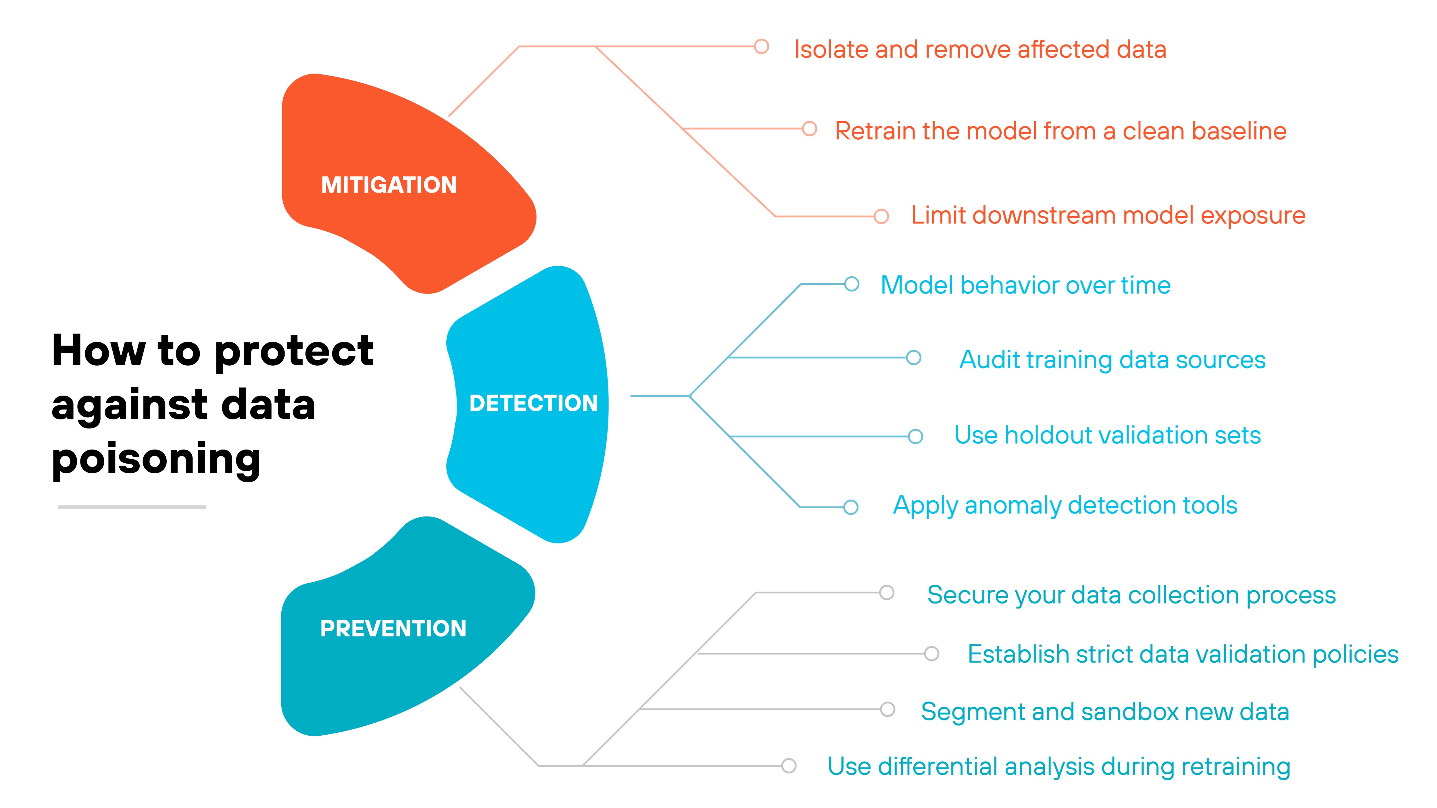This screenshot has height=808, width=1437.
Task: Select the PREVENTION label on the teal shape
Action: [393, 628]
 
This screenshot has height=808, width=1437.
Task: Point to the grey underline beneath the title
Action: [132, 507]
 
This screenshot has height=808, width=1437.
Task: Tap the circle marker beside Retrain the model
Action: [809, 129]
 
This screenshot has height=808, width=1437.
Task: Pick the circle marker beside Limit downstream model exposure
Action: [881, 216]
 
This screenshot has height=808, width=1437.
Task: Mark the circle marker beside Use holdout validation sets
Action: [915, 436]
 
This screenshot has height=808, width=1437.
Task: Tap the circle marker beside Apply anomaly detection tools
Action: [851, 507]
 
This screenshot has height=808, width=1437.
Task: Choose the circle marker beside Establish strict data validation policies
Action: [931, 653]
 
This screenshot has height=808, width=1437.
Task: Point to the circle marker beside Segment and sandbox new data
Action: [887, 709]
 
